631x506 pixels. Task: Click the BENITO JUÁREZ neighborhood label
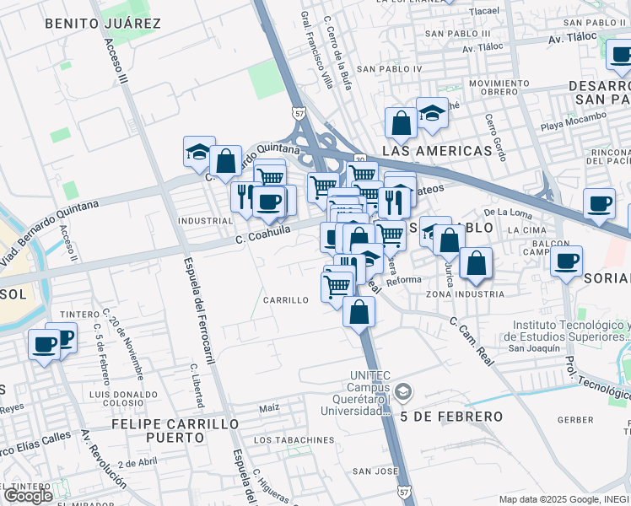(103, 24)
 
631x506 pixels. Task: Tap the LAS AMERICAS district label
(437, 151)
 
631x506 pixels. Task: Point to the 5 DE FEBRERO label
(451, 417)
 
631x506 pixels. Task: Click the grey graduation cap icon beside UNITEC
(403, 391)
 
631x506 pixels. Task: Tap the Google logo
(28, 496)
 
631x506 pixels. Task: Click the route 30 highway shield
(360, 159)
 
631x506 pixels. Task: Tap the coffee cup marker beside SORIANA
(567, 261)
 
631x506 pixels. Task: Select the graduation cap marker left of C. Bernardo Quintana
(199, 152)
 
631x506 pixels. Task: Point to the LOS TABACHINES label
(294, 440)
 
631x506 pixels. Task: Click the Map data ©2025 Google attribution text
(564, 499)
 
